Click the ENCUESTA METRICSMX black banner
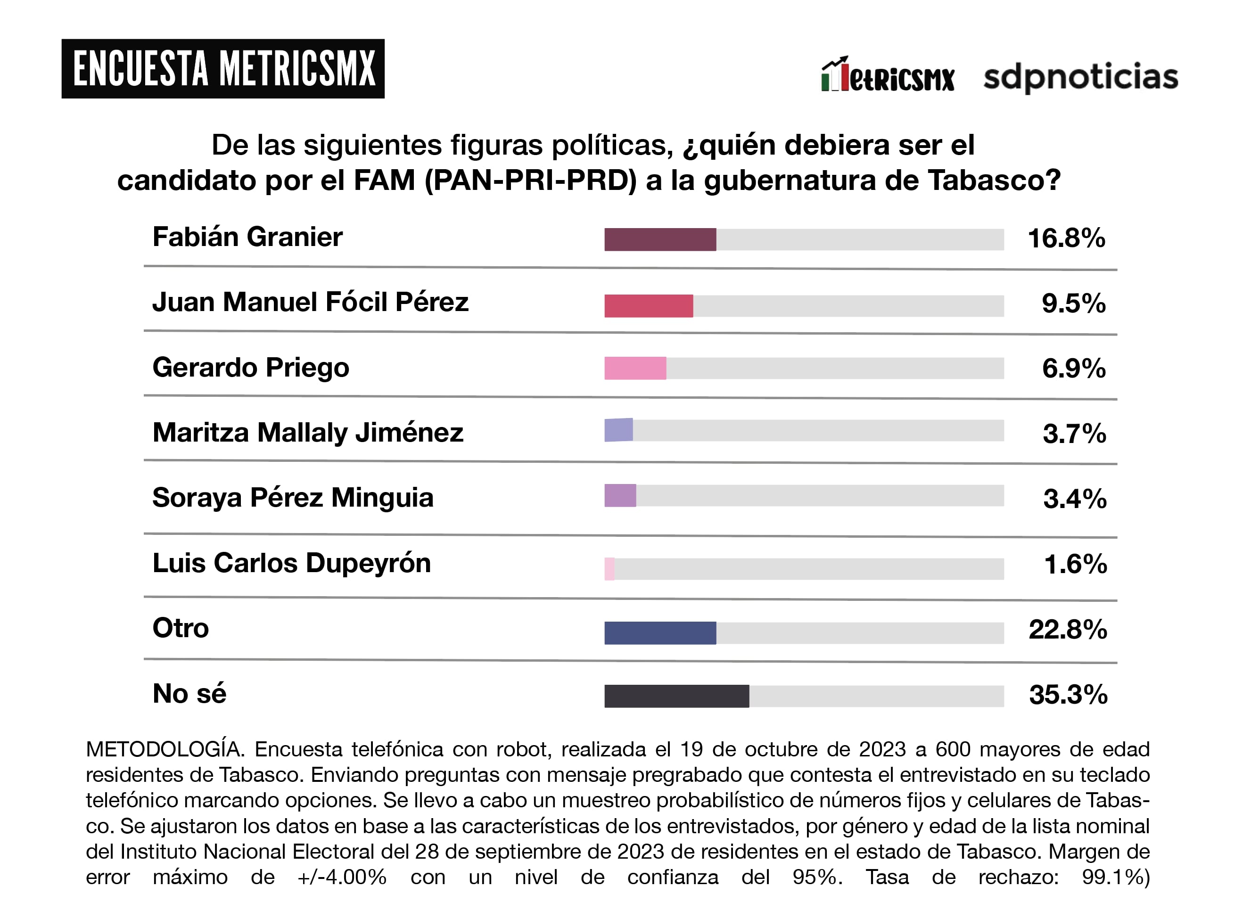point(222,68)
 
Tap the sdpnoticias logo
point(1080,77)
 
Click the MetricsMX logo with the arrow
point(887,75)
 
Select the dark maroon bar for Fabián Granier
point(660,239)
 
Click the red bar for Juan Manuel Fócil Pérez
point(648,305)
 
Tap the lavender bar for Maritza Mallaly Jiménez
point(618,430)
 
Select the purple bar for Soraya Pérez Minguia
point(620,495)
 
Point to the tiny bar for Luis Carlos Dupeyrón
point(609,568)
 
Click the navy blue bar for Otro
point(660,632)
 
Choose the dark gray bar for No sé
point(676,696)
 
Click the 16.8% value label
point(1066,238)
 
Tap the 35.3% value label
point(1068,694)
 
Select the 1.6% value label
point(1075,564)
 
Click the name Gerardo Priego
point(250,367)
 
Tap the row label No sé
point(189,694)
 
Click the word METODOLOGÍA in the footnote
point(165,749)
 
